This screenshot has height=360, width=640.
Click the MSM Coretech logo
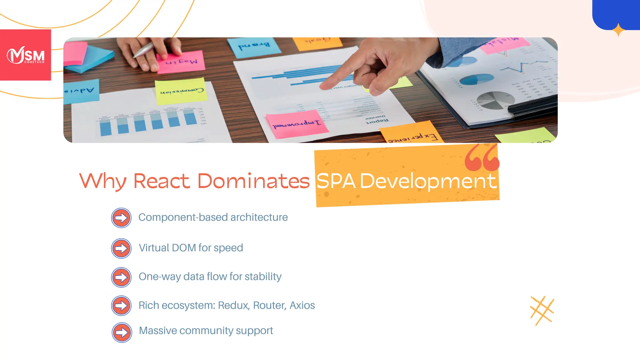[26, 55]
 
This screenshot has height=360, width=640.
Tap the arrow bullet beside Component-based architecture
[121, 218]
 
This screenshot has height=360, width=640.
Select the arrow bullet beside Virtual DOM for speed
[121, 248]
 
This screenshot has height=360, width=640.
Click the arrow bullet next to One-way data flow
[121, 277]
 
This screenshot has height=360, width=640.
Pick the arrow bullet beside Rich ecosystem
[121, 305]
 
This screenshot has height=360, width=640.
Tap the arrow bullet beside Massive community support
[122, 332]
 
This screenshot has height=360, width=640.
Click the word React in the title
[162, 181]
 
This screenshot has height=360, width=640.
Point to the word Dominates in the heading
[253, 181]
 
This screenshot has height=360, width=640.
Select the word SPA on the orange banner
[336, 181]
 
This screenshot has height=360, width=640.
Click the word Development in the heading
[428, 182]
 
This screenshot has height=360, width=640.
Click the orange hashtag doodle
[542, 311]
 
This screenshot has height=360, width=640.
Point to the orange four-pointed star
[618, 30]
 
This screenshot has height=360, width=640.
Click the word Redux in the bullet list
[234, 305]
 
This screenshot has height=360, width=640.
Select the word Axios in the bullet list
[302, 305]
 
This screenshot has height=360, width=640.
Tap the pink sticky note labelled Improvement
[296, 124]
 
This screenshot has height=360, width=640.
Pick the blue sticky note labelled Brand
[254, 47]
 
